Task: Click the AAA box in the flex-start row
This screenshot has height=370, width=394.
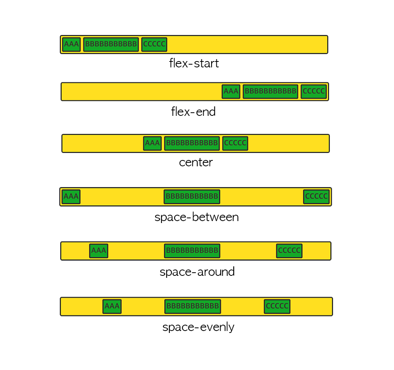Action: (x=71, y=45)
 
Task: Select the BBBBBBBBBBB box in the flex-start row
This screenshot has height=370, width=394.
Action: (x=111, y=45)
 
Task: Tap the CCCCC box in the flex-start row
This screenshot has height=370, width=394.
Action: (x=154, y=45)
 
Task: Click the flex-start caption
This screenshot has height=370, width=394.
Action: (x=194, y=63)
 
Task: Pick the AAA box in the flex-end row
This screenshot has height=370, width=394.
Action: (x=231, y=92)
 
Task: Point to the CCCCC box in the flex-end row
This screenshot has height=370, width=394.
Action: (x=314, y=92)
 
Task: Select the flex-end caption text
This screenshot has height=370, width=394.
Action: (x=193, y=112)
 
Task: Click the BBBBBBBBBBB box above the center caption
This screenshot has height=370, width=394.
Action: (x=191, y=143)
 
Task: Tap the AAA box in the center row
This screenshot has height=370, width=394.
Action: (x=152, y=143)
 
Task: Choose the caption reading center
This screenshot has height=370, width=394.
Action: (x=196, y=162)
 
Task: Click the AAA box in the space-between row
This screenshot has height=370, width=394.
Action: (x=71, y=197)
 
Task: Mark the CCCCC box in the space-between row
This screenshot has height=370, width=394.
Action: (x=316, y=197)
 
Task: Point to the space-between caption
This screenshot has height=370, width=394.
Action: (x=197, y=218)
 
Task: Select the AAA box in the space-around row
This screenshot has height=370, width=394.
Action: (x=98, y=251)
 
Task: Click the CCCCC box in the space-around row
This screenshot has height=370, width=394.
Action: (x=289, y=251)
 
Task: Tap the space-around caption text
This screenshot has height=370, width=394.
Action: (x=197, y=272)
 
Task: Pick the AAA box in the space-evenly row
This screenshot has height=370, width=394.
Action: (x=112, y=306)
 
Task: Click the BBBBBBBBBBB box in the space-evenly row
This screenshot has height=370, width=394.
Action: (x=193, y=306)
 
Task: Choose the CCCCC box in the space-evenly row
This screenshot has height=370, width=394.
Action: (x=277, y=306)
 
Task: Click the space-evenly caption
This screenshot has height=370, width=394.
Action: (x=198, y=327)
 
